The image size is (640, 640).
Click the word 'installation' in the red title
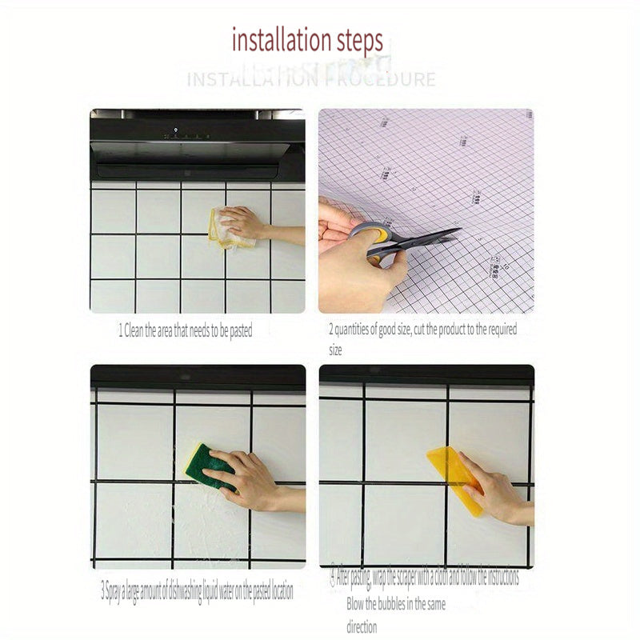tap(281, 40)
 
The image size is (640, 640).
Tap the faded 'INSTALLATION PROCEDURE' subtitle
tap(311, 79)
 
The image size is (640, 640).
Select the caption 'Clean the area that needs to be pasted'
tap(188, 330)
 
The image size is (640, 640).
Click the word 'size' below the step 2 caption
tap(335, 350)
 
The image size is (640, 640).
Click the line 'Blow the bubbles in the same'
tap(396, 604)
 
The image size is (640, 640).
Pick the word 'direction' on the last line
tap(362, 627)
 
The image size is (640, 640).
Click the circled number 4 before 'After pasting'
tap(331, 576)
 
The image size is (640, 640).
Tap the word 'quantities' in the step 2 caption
tap(354, 329)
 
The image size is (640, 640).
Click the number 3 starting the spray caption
tap(103, 593)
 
